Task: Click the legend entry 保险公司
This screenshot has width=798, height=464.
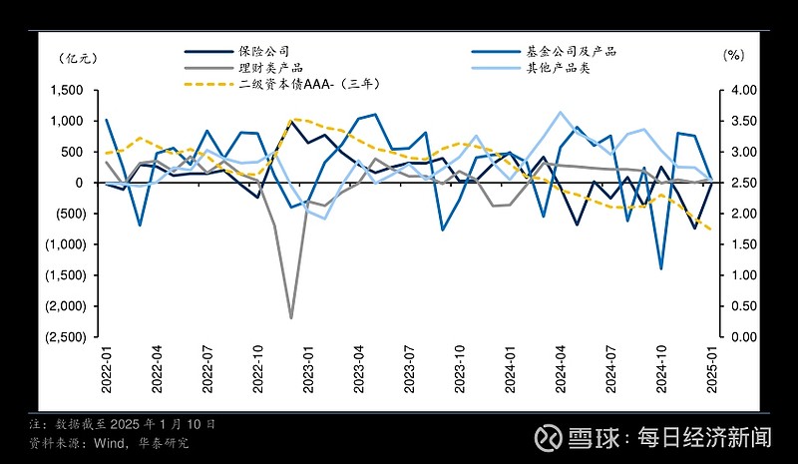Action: click(271, 50)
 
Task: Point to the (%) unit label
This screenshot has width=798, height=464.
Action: click(733, 57)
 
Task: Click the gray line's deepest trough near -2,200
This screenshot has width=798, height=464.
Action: click(291, 318)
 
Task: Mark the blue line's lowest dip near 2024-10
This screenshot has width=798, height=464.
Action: click(661, 268)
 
